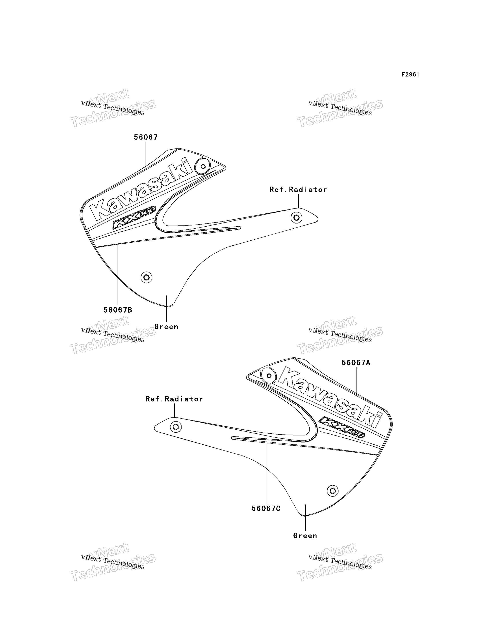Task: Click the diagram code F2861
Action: click(410, 75)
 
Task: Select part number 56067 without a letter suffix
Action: click(146, 137)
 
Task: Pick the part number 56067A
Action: click(356, 363)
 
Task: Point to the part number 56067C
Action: click(266, 508)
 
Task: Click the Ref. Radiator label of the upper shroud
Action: click(298, 190)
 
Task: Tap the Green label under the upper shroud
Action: click(166, 326)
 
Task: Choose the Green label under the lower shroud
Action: click(305, 536)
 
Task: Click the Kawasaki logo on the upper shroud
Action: click(141, 188)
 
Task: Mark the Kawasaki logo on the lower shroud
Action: click(331, 397)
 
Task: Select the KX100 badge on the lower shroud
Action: click(342, 427)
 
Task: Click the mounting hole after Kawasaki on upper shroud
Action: click(203, 167)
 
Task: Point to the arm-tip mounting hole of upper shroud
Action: click(296, 218)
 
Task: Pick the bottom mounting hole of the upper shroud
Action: click(146, 277)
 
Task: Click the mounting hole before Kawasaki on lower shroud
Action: click(269, 376)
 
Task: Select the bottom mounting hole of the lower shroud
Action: click(333, 490)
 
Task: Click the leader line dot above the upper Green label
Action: click(166, 296)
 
